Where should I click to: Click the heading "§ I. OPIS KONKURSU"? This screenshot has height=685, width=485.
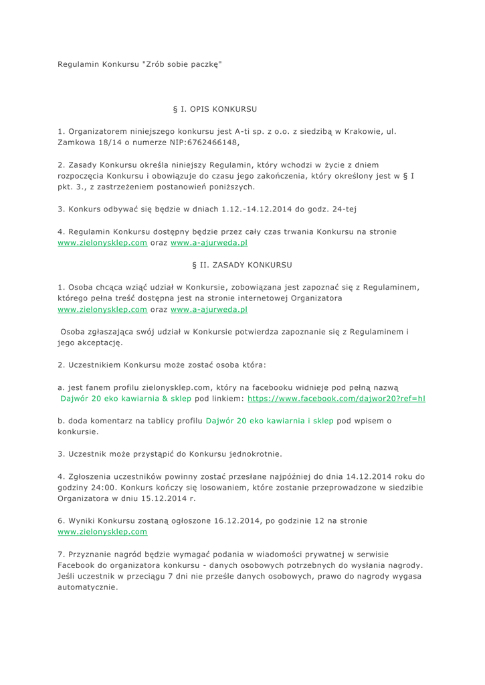click(215, 108)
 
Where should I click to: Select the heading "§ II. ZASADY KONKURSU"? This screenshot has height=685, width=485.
click(241, 265)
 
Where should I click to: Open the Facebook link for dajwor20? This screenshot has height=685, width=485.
click(336, 398)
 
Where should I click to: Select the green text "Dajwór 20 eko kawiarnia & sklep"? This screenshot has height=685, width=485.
click(126, 398)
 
